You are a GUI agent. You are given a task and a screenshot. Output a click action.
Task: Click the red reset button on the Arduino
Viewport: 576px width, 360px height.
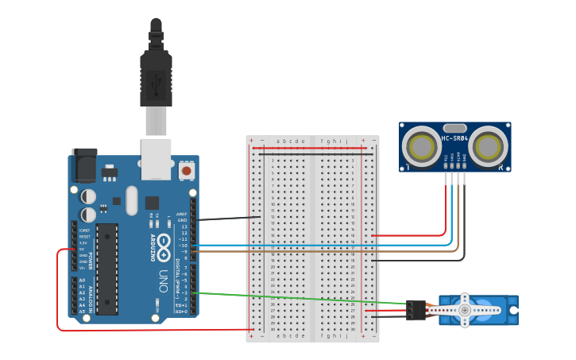187,169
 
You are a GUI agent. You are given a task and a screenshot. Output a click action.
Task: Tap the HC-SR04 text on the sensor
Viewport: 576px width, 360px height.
454,139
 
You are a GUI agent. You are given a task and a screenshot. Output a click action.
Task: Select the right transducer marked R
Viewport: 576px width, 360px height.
490,145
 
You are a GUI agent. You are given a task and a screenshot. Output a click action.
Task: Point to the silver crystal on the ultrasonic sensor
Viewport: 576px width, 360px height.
454,127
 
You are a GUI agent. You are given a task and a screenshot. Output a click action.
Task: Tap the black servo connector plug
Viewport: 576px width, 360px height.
415,310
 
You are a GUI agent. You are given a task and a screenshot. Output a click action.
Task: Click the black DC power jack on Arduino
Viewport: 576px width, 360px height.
84,165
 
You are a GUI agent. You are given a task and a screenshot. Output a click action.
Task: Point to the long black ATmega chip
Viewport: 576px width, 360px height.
107,269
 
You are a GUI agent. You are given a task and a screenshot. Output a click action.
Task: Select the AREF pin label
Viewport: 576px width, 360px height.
182,214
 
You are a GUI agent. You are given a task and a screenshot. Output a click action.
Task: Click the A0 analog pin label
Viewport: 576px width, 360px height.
82,281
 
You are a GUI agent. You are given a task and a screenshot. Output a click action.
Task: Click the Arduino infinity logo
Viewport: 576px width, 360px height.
164,244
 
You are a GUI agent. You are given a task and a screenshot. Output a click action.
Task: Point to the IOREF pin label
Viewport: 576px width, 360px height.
84,230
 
